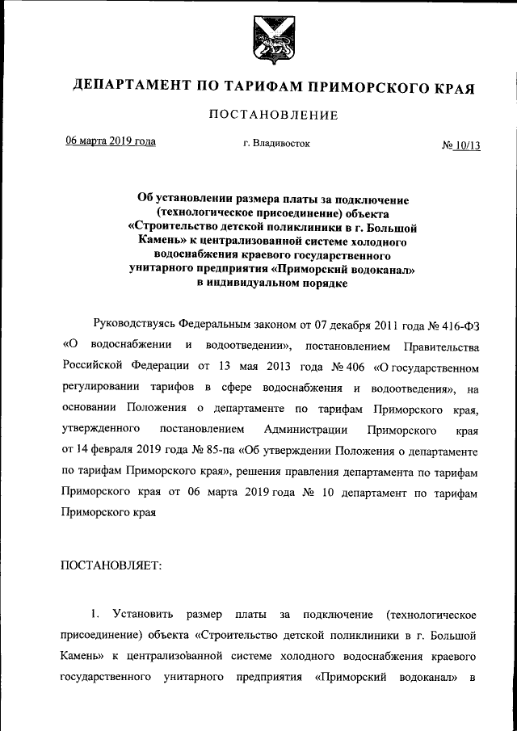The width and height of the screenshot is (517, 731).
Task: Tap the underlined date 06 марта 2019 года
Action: click(x=111, y=142)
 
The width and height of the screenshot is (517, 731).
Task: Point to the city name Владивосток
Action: click(x=280, y=144)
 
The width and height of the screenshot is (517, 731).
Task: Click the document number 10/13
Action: click(x=468, y=145)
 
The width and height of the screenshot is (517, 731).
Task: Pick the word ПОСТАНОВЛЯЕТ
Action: click(x=111, y=565)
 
